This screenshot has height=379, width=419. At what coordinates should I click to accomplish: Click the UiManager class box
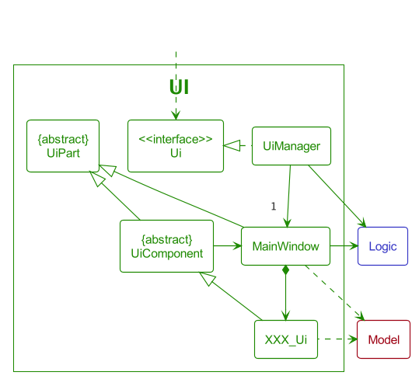tap(292, 145)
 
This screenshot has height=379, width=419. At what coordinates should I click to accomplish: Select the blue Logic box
tap(382, 246)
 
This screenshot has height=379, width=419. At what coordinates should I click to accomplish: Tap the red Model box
tap(383, 339)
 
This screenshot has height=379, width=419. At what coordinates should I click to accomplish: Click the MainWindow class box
tap(286, 246)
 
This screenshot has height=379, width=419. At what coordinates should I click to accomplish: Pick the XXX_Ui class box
tap(286, 339)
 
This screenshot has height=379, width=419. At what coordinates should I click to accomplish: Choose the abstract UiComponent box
tap(166, 246)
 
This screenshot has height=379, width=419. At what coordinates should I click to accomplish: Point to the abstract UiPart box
tap(63, 145)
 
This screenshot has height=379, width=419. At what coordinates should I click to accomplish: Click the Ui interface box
tap(176, 145)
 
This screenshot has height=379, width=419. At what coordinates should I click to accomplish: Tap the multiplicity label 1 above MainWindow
tap(273, 206)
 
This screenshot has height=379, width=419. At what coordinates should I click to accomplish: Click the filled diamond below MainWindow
tap(286, 270)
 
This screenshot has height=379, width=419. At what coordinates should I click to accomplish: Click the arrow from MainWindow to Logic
tap(344, 246)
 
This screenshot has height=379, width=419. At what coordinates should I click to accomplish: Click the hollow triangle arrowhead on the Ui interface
tap(230, 145)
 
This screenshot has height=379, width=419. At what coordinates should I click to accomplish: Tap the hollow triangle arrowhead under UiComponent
tap(206, 279)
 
